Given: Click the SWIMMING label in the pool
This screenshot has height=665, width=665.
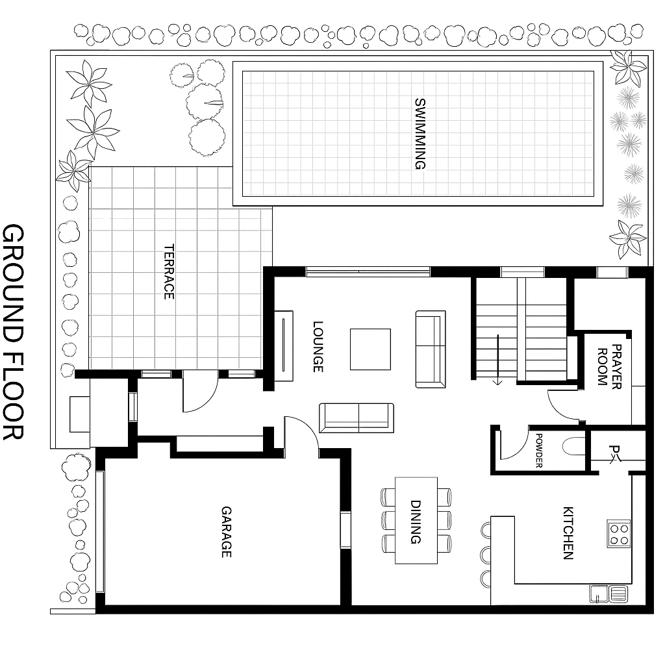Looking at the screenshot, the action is (x=420, y=134).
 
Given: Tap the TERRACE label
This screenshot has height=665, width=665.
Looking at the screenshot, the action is (x=169, y=271).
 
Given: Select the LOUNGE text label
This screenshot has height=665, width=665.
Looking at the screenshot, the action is (x=318, y=347).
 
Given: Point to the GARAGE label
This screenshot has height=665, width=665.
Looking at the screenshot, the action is (x=227, y=532).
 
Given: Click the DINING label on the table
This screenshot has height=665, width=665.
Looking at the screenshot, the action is (x=416, y=521).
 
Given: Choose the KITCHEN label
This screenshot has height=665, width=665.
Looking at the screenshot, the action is (x=568, y=533).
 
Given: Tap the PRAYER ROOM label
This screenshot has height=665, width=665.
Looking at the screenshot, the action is (x=609, y=366).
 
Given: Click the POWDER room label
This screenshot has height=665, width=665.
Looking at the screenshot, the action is (x=539, y=451).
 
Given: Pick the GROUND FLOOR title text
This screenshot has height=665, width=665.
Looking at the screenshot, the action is (x=13, y=332).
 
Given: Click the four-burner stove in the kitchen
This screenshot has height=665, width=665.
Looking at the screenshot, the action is (x=619, y=534).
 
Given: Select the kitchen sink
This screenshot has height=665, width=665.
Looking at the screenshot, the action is (x=609, y=594).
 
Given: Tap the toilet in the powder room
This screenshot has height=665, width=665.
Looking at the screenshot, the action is (x=574, y=446).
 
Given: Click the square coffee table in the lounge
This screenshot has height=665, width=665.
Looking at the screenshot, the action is (x=370, y=349).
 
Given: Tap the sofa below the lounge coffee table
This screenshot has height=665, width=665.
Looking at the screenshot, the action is (x=357, y=418).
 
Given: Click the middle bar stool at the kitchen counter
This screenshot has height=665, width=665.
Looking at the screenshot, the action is (x=486, y=554).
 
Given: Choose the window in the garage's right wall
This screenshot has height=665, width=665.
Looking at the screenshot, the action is (x=345, y=530).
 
